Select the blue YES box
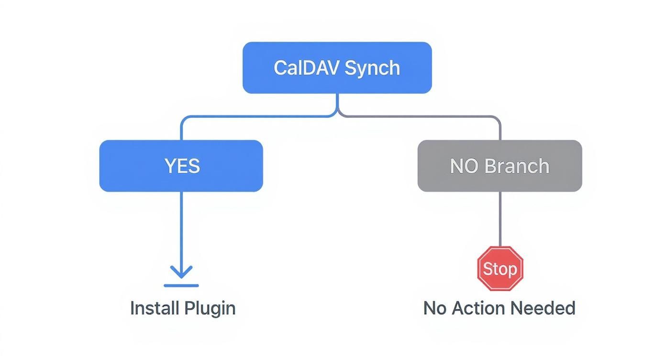[x=181, y=166]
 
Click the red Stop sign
[x=500, y=269]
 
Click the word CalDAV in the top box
[x=307, y=68]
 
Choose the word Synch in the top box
[x=372, y=68]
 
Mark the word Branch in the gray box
[x=516, y=166]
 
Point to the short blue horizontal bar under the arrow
[x=181, y=286]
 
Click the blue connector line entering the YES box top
[x=181, y=131]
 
